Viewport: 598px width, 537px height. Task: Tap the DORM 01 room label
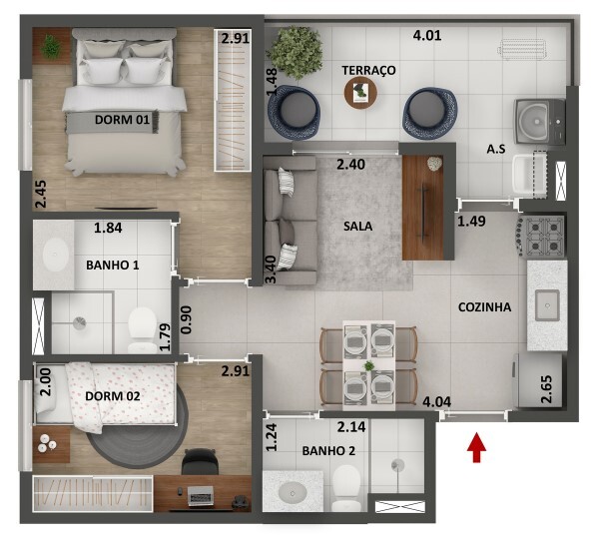[122, 120]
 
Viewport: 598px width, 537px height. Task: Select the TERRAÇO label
[368, 70]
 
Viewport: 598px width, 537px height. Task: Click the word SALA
[357, 227]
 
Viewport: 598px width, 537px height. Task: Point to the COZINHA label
[484, 307]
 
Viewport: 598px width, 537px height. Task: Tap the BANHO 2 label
[328, 451]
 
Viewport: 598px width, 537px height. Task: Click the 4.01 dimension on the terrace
[427, 36]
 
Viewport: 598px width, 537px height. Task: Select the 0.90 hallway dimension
[186, 320]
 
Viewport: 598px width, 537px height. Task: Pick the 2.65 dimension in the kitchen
[546, 389]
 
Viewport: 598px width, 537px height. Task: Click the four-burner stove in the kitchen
[541, 237]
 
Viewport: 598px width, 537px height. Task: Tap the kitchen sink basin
[547, 305]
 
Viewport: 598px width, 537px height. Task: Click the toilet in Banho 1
[142, 330]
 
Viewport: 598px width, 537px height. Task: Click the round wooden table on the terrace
[360, 93]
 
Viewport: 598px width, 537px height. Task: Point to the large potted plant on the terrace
[295, 52]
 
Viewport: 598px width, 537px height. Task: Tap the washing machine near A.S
[539, 122]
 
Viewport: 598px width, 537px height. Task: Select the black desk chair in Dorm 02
[201, 461]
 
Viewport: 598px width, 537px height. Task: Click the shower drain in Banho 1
[80, 323]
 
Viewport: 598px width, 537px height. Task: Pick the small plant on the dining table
[368, 366]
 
